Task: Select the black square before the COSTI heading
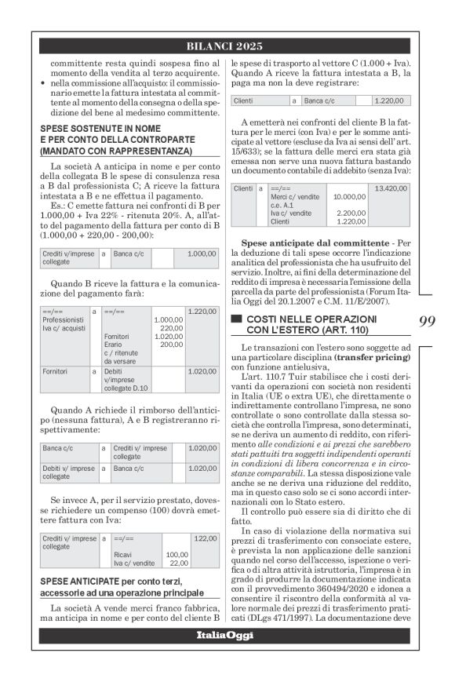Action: click(x=235, y=319)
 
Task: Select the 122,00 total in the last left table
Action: click(x=205, y=538)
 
